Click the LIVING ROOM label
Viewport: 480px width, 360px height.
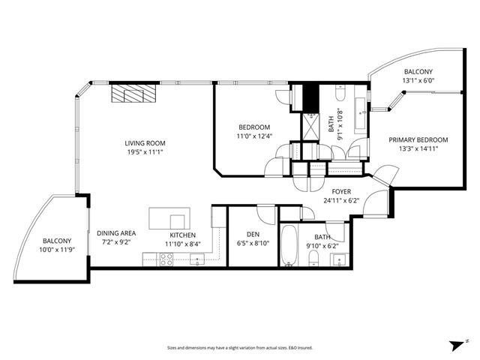[x=145, y=143]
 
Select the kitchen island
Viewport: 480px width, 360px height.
[x=168, y=219]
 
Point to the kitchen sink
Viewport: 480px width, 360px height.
[x=196, y=259]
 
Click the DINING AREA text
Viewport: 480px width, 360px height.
[x=116, y=233]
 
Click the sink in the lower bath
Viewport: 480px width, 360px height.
[x=338, y=260]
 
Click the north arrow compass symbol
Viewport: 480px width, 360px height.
[x=454, y=345]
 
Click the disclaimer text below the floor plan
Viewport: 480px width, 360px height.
[x=239, y=348]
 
